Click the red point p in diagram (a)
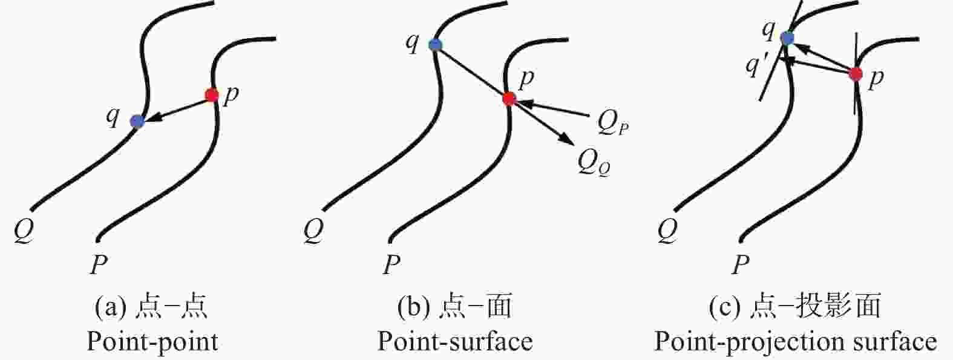click(211, 95)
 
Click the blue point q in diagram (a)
click(137, 121)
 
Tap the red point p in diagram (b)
click(509, 99)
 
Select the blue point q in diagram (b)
click(435, 44)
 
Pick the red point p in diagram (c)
click(855, 74)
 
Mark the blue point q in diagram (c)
click(787, 38)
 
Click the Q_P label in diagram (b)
click(612, 123)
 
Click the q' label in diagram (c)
click(757, 66)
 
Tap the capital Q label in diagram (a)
click(24, 232)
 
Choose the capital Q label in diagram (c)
click(667, 232)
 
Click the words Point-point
click(152, 342)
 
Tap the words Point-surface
click(455, 341)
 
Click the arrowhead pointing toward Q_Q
click(566, 138)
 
